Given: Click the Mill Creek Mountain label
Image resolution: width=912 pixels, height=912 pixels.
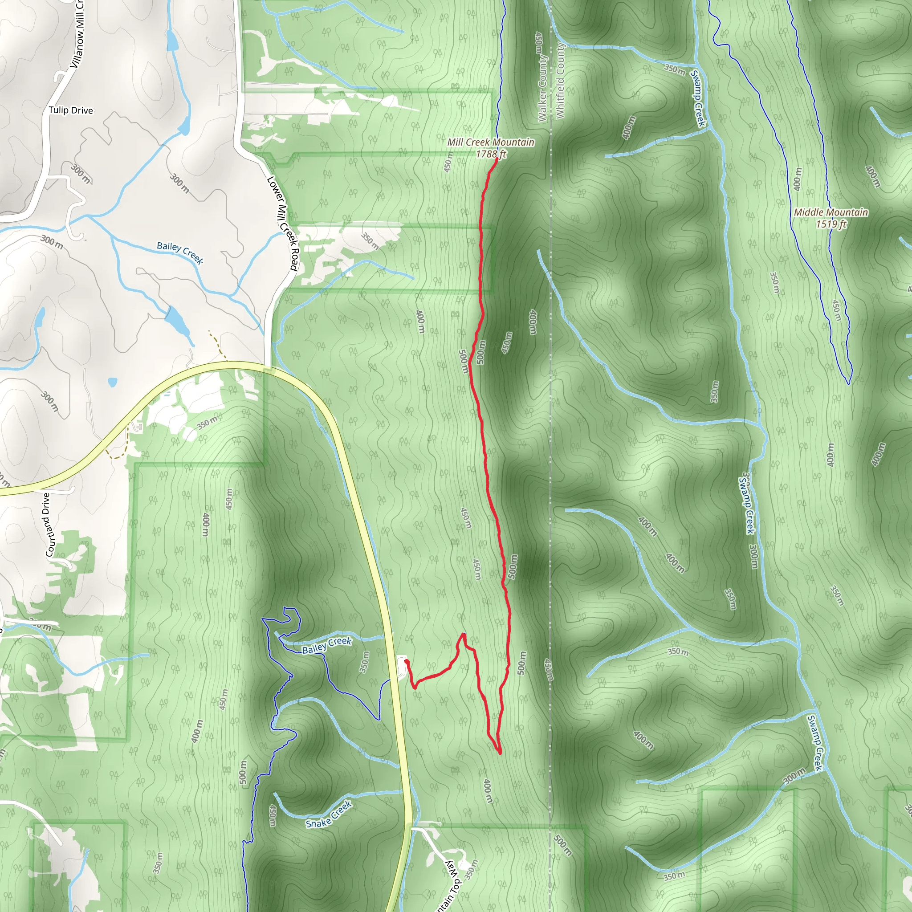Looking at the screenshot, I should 490,142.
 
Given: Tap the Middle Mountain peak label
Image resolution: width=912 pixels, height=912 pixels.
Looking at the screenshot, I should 831,212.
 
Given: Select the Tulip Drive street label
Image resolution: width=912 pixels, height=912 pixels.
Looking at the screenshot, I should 71,110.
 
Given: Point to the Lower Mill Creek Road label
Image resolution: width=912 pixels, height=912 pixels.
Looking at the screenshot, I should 282,223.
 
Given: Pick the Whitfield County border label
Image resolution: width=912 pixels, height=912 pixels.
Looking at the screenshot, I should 560,80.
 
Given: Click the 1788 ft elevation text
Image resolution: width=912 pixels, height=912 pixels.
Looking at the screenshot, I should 491,154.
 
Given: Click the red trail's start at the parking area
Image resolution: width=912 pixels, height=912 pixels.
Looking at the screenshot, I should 406,662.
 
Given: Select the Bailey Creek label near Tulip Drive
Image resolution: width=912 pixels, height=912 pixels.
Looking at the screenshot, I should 180,252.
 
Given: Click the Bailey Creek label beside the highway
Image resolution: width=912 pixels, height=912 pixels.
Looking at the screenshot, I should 327,645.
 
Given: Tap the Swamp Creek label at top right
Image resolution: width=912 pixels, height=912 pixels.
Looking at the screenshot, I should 698,98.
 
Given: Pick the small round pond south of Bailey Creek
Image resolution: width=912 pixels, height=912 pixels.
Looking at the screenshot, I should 112,382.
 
